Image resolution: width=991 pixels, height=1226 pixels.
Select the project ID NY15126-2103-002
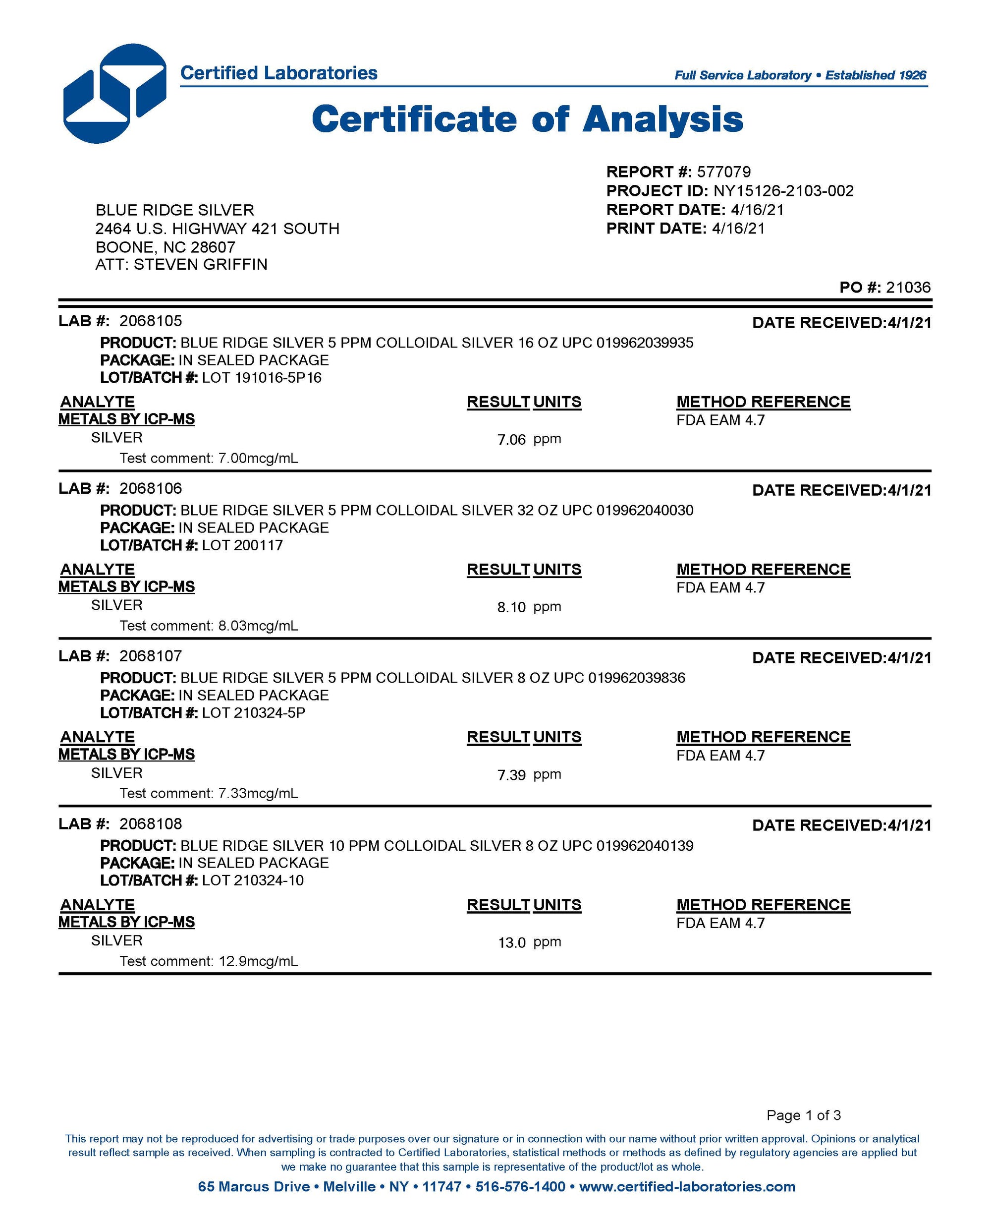tap(783, 191)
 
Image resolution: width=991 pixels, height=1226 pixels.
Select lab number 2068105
tap(151, 321)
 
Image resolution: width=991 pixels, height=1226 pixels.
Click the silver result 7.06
tap(511, 439)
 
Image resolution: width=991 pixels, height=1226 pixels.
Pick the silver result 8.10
tap(511, 607)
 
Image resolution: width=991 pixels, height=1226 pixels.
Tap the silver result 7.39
tap(511, 775)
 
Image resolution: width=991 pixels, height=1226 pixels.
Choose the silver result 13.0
tap(511, 943)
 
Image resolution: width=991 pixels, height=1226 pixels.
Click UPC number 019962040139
tap(645, 846)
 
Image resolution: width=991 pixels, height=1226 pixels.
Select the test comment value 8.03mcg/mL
tap(258, 626)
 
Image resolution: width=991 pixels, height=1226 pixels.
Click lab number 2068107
tap(151, 656)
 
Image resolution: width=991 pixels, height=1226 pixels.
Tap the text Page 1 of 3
tap(803, 1115)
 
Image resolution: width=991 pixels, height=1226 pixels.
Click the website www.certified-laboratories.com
tap(687, 1187)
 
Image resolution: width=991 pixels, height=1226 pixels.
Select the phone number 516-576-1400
tap(520, 1187)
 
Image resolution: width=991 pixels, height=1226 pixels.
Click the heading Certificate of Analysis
tap(528, 120)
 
